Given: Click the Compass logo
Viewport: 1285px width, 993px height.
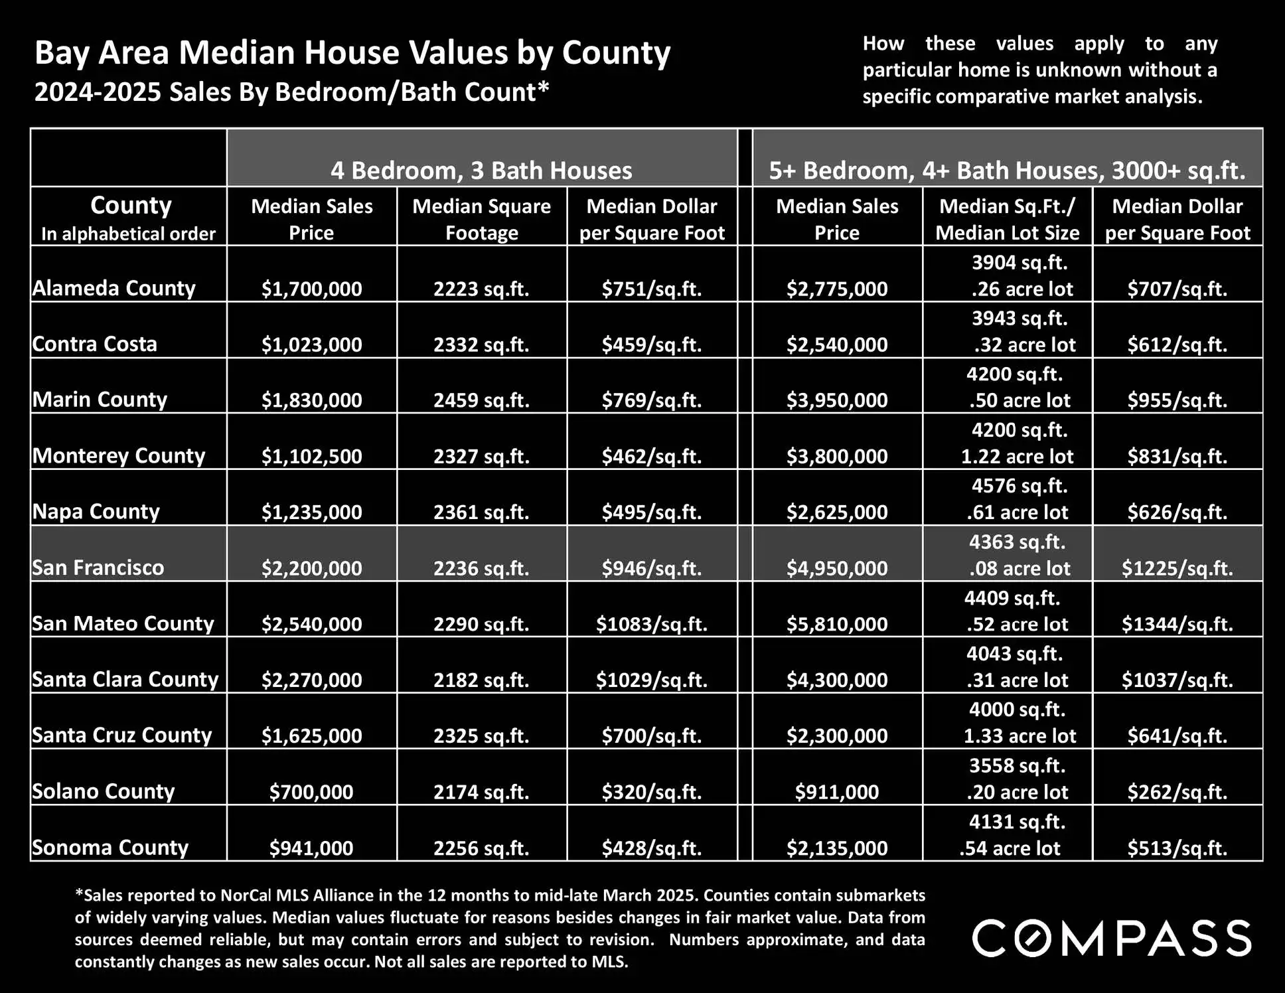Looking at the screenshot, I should [1112, 938].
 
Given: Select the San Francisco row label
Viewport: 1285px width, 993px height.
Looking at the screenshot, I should [98, 568].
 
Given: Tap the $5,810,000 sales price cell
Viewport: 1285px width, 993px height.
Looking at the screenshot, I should [837, 624].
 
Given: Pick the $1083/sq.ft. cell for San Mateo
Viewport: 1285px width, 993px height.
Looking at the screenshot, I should [651, 624].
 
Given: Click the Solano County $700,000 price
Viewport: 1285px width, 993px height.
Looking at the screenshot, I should [311, 791].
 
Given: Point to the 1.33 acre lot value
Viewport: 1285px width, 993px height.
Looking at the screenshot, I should [1020, 735].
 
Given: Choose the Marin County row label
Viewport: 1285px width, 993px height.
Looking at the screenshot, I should [100, 400].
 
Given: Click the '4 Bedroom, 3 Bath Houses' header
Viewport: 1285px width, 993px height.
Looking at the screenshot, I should [481, 171].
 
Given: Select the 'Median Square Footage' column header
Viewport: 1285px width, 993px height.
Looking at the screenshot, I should [481, 219].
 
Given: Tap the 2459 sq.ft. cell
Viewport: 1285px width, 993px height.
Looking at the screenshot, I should [481, 400].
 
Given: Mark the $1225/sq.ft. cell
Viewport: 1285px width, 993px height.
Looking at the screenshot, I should [1177, 568].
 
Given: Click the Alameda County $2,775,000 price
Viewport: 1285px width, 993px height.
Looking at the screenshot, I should [837, 289].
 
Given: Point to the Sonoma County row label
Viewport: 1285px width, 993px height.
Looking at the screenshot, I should [110, 848].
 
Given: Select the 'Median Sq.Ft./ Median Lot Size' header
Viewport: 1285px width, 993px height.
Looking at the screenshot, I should [1007, 219].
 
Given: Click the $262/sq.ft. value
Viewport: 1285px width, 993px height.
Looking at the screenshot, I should [1177, 792].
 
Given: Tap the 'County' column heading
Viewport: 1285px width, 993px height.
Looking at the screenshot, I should [131, 206].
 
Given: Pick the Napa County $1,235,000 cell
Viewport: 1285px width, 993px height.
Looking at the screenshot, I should [311, 512].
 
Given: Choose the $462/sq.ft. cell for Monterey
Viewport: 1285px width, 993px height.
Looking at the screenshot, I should [651, 456].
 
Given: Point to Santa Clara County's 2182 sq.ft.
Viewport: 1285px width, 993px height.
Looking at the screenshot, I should [481, 680].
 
